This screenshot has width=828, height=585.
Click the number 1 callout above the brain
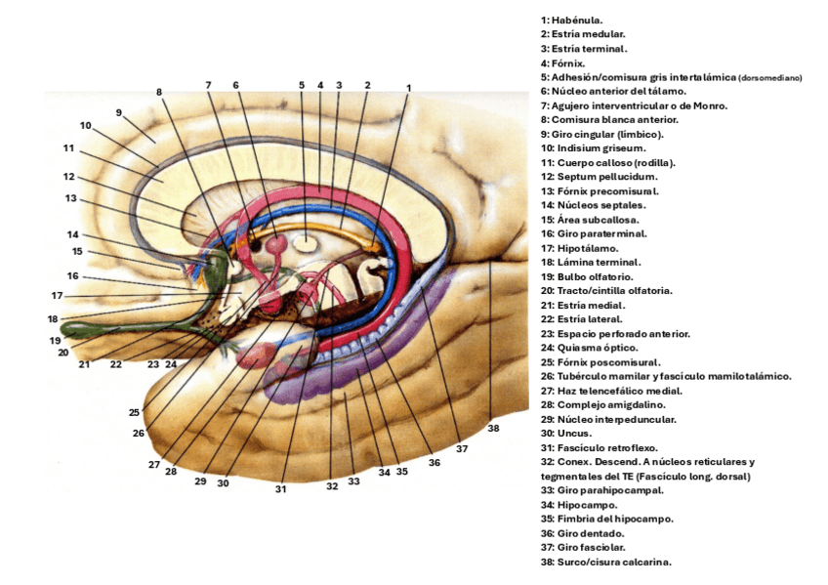tap(408, 87)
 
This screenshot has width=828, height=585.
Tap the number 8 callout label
tap(159, 92)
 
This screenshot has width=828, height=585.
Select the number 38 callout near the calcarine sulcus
tap(493, 428)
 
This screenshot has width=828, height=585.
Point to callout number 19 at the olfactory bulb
tap(57, 341)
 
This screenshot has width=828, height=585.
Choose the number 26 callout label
tap(139, 433)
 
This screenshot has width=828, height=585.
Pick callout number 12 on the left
tap(69, 177)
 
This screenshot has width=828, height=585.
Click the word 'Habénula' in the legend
tap(576, 20)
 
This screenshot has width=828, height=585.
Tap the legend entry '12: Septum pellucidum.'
tap(599, 177)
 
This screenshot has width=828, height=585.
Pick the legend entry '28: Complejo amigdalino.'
tap(601, 404)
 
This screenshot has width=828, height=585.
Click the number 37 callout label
tap(462, 449)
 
